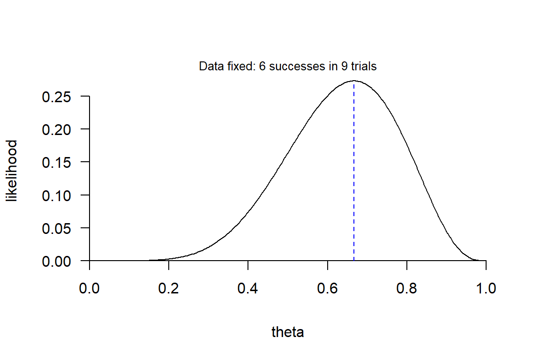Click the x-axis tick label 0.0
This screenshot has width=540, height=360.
(x=89, y=288)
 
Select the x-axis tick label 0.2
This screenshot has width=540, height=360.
(x=169, y=288)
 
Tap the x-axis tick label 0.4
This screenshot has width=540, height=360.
(x=248, y=288)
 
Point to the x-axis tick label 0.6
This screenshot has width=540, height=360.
(x=327, y=288)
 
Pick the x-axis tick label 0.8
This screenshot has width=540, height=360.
(x=407, y=288)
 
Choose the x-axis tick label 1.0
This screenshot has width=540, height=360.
(x=486, y=288)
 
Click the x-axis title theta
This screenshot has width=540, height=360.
(x=288, y=332)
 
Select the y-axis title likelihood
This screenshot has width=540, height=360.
(x=12, y=171)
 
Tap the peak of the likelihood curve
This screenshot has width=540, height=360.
(x=354, y=81)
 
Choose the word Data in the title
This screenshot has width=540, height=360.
(x=209, y=67)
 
